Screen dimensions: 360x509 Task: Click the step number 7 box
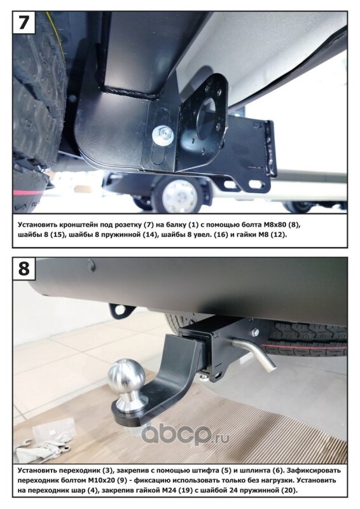24,22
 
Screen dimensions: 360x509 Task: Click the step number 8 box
24,269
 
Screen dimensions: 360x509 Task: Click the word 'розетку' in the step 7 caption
117,225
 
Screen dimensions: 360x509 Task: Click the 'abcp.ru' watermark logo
185,434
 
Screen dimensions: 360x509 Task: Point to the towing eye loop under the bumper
121,310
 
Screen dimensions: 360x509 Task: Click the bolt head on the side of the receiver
255,332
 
